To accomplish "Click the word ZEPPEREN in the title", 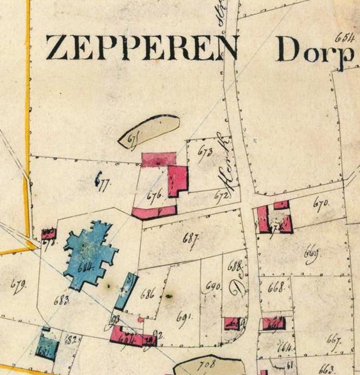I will (141, 48).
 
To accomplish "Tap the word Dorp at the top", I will (316, 51).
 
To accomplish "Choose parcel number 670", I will (321, 203).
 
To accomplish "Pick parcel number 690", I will (213, 288).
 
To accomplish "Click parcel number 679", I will (18, 285).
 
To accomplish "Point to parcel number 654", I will (345, 38).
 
